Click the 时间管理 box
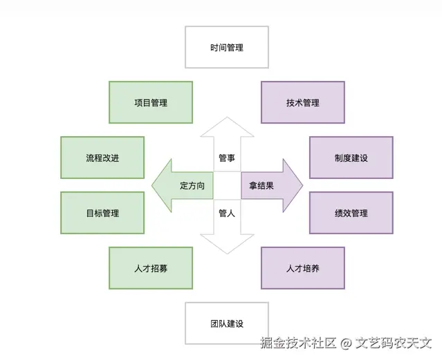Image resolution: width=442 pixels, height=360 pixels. click(227, 47)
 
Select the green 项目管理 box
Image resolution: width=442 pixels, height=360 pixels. click(151, 102)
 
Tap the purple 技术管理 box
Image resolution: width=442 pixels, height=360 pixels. click(302, 102)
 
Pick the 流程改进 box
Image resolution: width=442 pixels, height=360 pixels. click(102, 158)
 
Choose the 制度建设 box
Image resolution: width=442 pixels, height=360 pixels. click(351, 158)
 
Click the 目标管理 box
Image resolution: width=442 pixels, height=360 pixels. click(102, 213)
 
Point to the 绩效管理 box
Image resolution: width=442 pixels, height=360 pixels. click(351, 213)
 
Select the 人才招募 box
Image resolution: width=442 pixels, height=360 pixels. click(151, 268)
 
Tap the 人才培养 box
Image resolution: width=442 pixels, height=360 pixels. click(302, 268)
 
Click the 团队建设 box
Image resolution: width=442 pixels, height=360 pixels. click(227, 323)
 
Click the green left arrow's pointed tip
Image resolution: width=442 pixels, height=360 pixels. click(153, 185)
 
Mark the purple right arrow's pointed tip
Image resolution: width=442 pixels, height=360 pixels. click(302, 185)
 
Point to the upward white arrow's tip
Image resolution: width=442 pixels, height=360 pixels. click(227, 119)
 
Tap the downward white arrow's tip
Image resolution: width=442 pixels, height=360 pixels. click(227, 253)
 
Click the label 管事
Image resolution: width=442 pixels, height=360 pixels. click(227, 158)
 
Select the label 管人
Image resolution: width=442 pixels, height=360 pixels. click(227, 214)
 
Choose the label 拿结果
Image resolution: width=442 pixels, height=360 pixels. click(261, 186)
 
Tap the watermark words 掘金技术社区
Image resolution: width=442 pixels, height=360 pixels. click(298, 343)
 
